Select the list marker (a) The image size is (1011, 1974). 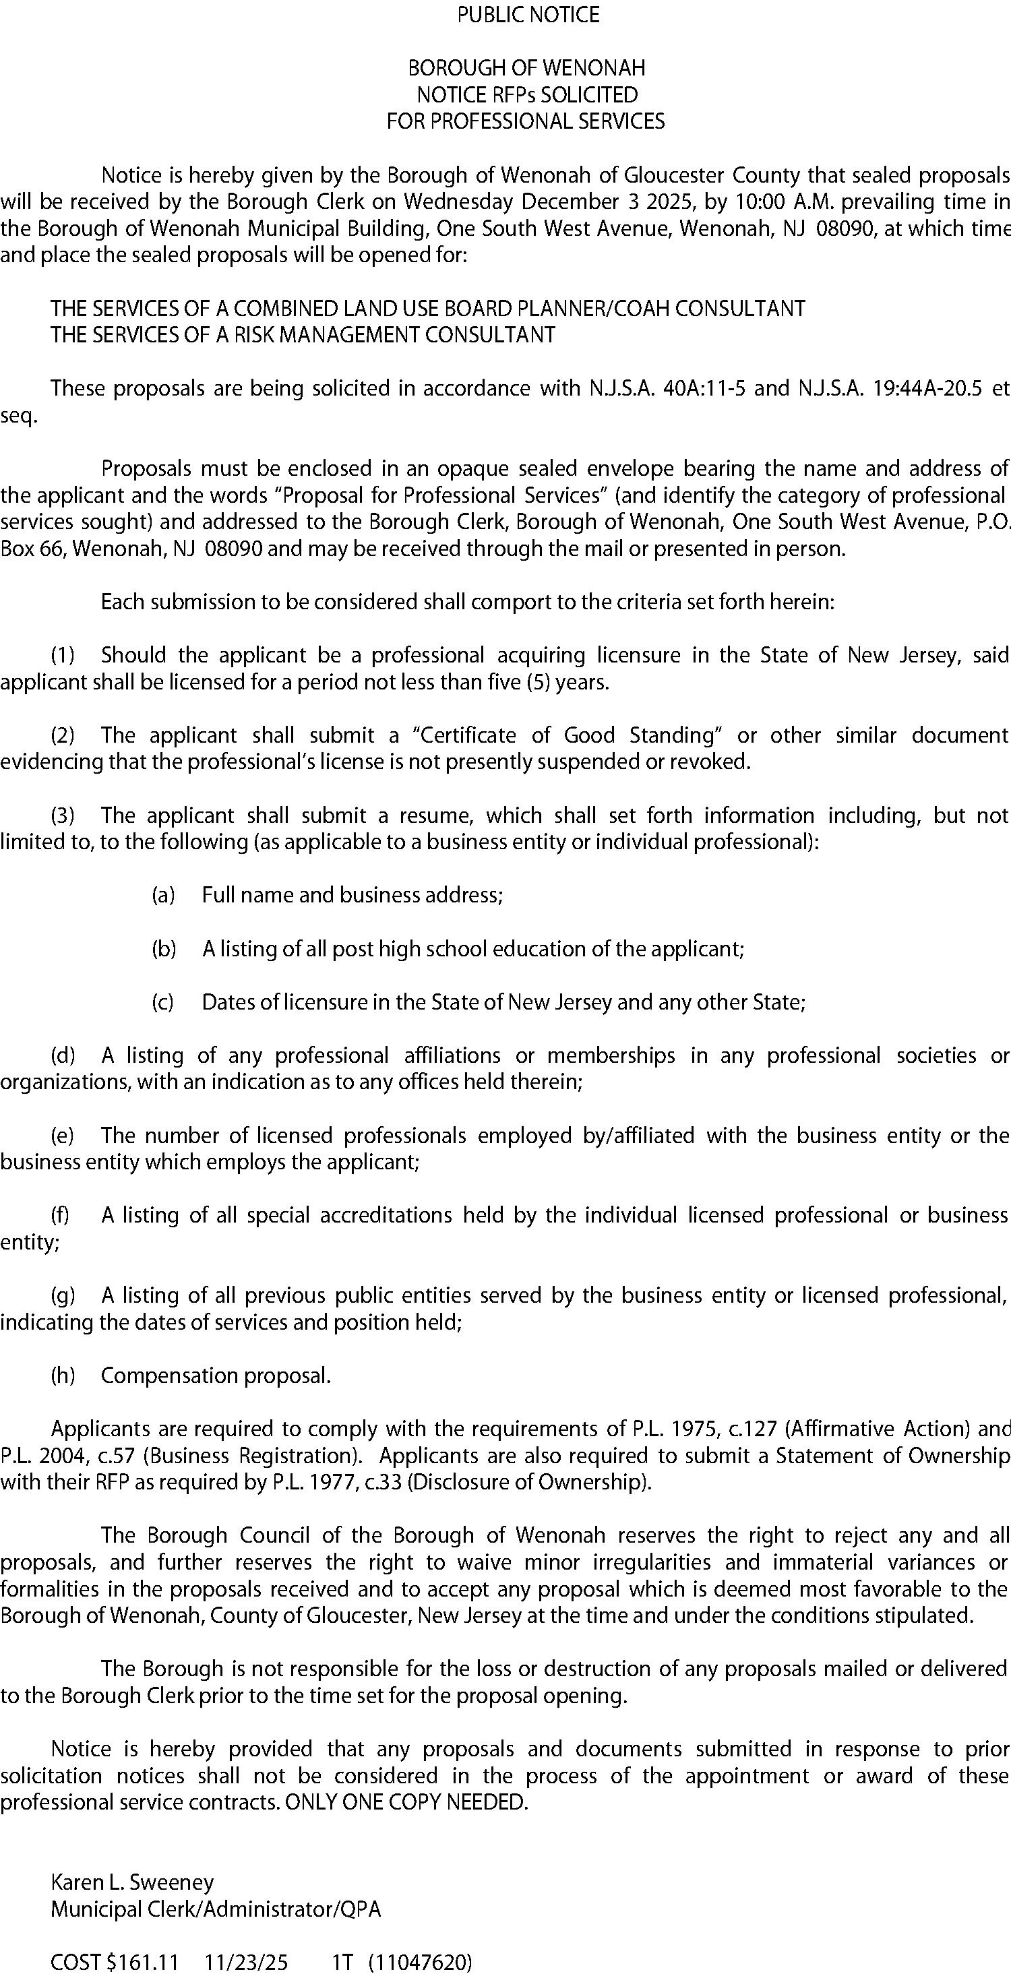(163, 895)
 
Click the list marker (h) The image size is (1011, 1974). (63, 1376)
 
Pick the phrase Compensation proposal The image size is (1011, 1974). (216, 1376)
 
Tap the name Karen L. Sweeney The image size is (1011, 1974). (132, 1882)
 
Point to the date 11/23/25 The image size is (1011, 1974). (246, 1963)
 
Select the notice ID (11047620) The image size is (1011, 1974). (421, 1963)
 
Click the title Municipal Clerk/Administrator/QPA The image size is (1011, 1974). (216, 1909)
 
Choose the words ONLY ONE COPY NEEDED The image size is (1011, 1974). (406, 1802)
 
